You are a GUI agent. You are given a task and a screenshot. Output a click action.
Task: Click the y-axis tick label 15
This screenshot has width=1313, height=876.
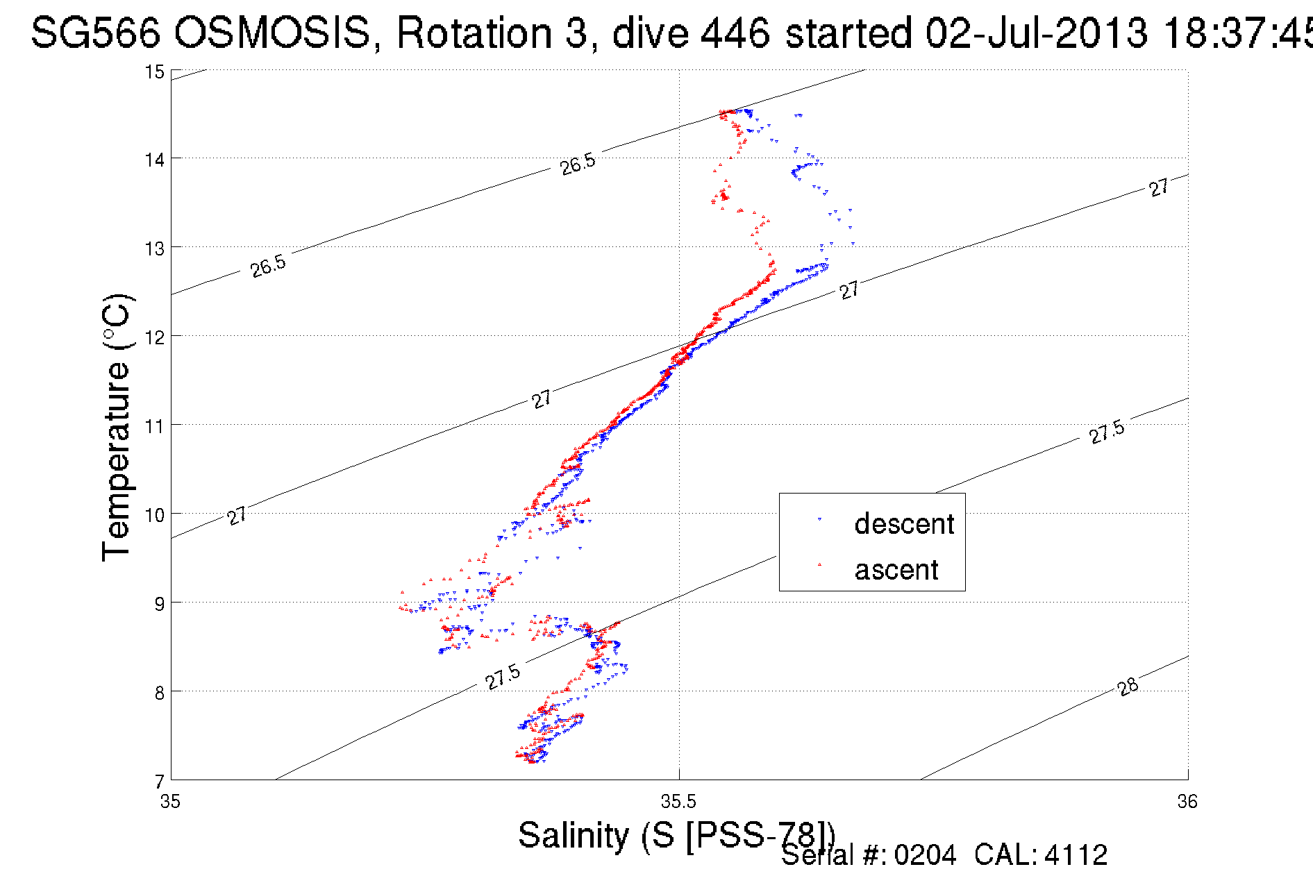click(x=155, y=72)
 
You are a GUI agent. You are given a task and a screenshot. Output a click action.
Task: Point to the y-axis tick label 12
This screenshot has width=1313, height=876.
click(x=155, y=337)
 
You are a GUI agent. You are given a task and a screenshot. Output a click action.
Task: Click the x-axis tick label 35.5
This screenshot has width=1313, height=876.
click(x=678, y=802)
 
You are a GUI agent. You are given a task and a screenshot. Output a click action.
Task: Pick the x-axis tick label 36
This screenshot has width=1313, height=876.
click(x=1187, y=802)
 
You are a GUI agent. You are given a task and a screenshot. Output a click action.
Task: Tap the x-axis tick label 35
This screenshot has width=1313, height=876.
click(x=170, y=802)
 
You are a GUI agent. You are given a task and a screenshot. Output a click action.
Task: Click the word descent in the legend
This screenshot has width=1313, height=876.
click(x=904, y=524)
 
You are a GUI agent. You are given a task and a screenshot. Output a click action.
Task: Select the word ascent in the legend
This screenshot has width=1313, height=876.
click(x=896, y=570)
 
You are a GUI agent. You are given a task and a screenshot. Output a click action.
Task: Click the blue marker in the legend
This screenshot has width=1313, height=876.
click(x=819, y=519)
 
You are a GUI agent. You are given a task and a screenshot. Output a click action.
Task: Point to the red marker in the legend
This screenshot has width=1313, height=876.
click(x=819, y=564)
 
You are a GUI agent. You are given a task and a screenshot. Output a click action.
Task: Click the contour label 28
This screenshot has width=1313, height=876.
click(x=1128, y=687)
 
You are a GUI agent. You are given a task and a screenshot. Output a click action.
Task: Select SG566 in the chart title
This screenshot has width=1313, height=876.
click(x=96, y=33)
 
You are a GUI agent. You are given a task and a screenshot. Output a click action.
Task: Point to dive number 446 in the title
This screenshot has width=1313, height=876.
click(x=735, y=33)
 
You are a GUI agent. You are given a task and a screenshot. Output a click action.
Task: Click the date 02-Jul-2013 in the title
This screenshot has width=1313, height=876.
click(x=1037, y=33)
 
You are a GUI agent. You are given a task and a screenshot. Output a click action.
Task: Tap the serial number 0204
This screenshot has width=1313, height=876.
click(x=925, y=855)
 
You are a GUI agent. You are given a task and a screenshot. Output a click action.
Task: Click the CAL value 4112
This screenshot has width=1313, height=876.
click(x=1076, y=855)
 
